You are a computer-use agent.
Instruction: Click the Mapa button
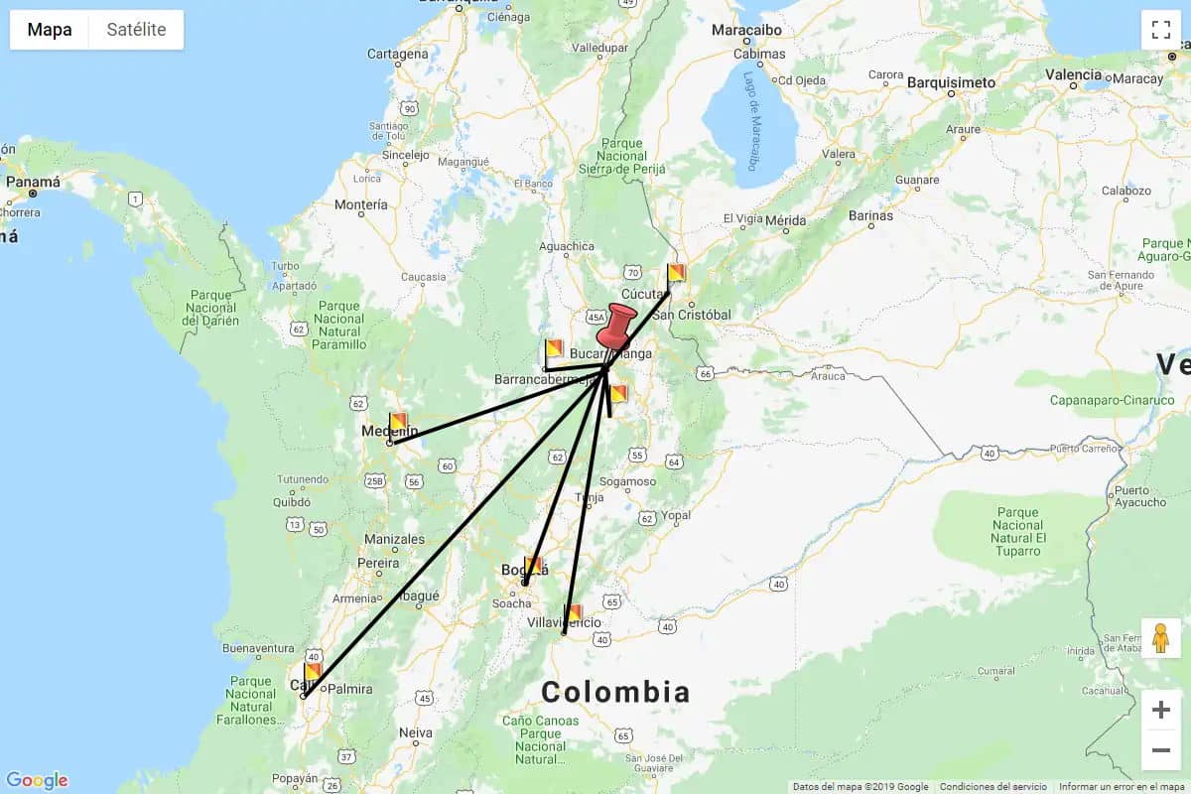(50, 30)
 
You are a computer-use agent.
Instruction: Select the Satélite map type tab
(136, 30)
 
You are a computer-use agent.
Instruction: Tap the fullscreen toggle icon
(1160, 30)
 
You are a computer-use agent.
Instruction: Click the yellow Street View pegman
(1160, 638)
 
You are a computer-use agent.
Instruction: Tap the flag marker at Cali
(312, 672)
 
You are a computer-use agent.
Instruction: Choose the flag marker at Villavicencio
(573, 613)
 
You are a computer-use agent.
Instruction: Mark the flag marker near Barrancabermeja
(554, 349)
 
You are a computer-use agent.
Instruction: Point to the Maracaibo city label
(746, 31)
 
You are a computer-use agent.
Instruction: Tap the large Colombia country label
(614, 692)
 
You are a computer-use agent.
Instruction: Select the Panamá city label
(33, 183)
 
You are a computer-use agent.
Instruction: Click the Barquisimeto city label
(951, 82)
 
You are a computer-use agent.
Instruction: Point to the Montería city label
(361, 205)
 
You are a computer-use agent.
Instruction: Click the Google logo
(37, 780)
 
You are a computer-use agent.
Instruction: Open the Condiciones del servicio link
(992, 787)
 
